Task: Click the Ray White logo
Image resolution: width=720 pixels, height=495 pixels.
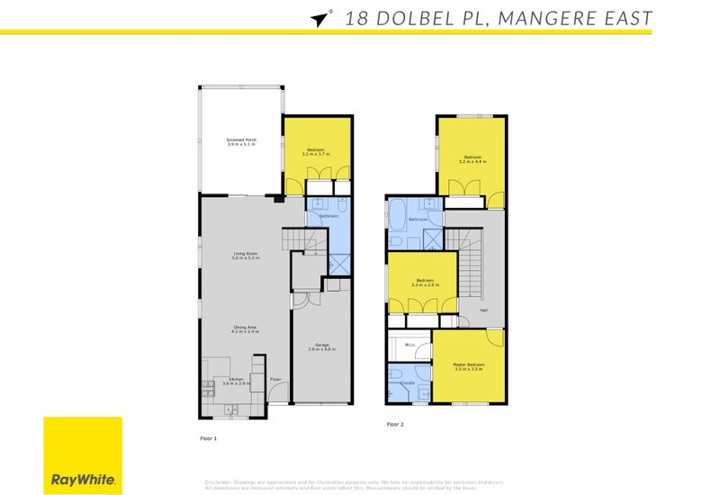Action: [82, 455]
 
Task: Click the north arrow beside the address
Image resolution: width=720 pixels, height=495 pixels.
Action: [319, 18]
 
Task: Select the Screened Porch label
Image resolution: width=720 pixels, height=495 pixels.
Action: [240, 142]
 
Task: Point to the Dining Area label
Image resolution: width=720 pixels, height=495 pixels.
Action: [246, 329]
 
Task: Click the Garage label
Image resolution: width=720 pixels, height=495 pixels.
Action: [322, 346]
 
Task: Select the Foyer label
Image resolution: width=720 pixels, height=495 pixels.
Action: [275, 379]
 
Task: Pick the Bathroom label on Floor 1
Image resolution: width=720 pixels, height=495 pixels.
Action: [328, 216]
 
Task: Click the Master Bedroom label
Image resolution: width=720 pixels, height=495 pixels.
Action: [468, 366]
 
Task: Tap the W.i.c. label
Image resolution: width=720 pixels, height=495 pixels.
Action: [410, 344]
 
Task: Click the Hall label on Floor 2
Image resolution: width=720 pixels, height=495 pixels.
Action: [483, 310]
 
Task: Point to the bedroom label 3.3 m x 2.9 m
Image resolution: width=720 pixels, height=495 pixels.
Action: [421, 283]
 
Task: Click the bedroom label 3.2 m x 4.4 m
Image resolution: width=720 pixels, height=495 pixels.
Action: [472, 159]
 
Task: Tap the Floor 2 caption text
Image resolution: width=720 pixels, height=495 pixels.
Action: [395, 424]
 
